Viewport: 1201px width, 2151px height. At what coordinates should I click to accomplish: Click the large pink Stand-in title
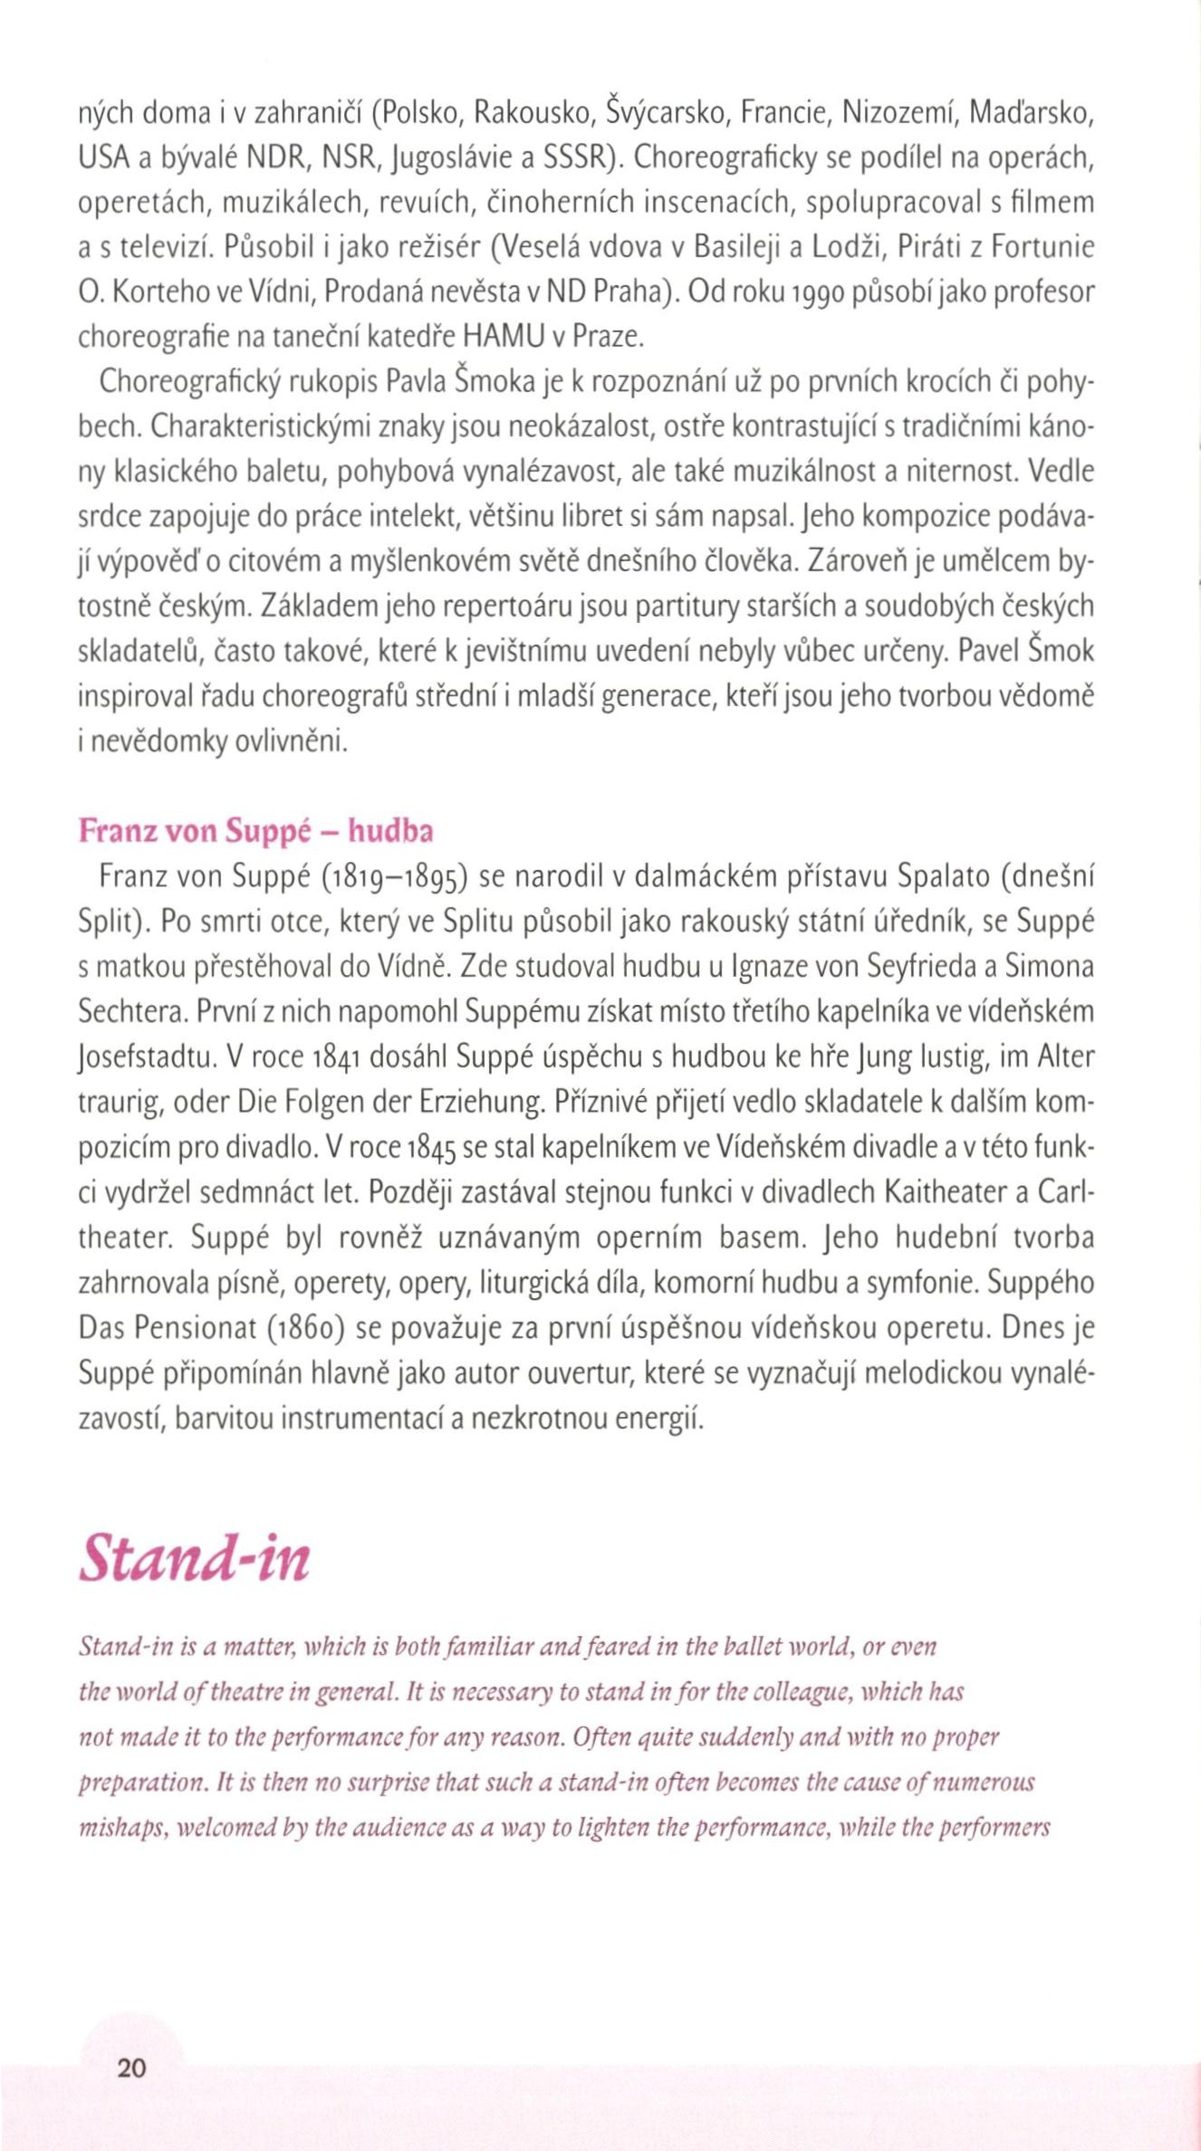195,1557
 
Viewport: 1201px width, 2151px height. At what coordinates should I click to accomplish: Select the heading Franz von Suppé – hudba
255,830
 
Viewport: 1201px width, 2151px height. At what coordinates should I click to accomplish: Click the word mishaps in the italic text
113,1828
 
